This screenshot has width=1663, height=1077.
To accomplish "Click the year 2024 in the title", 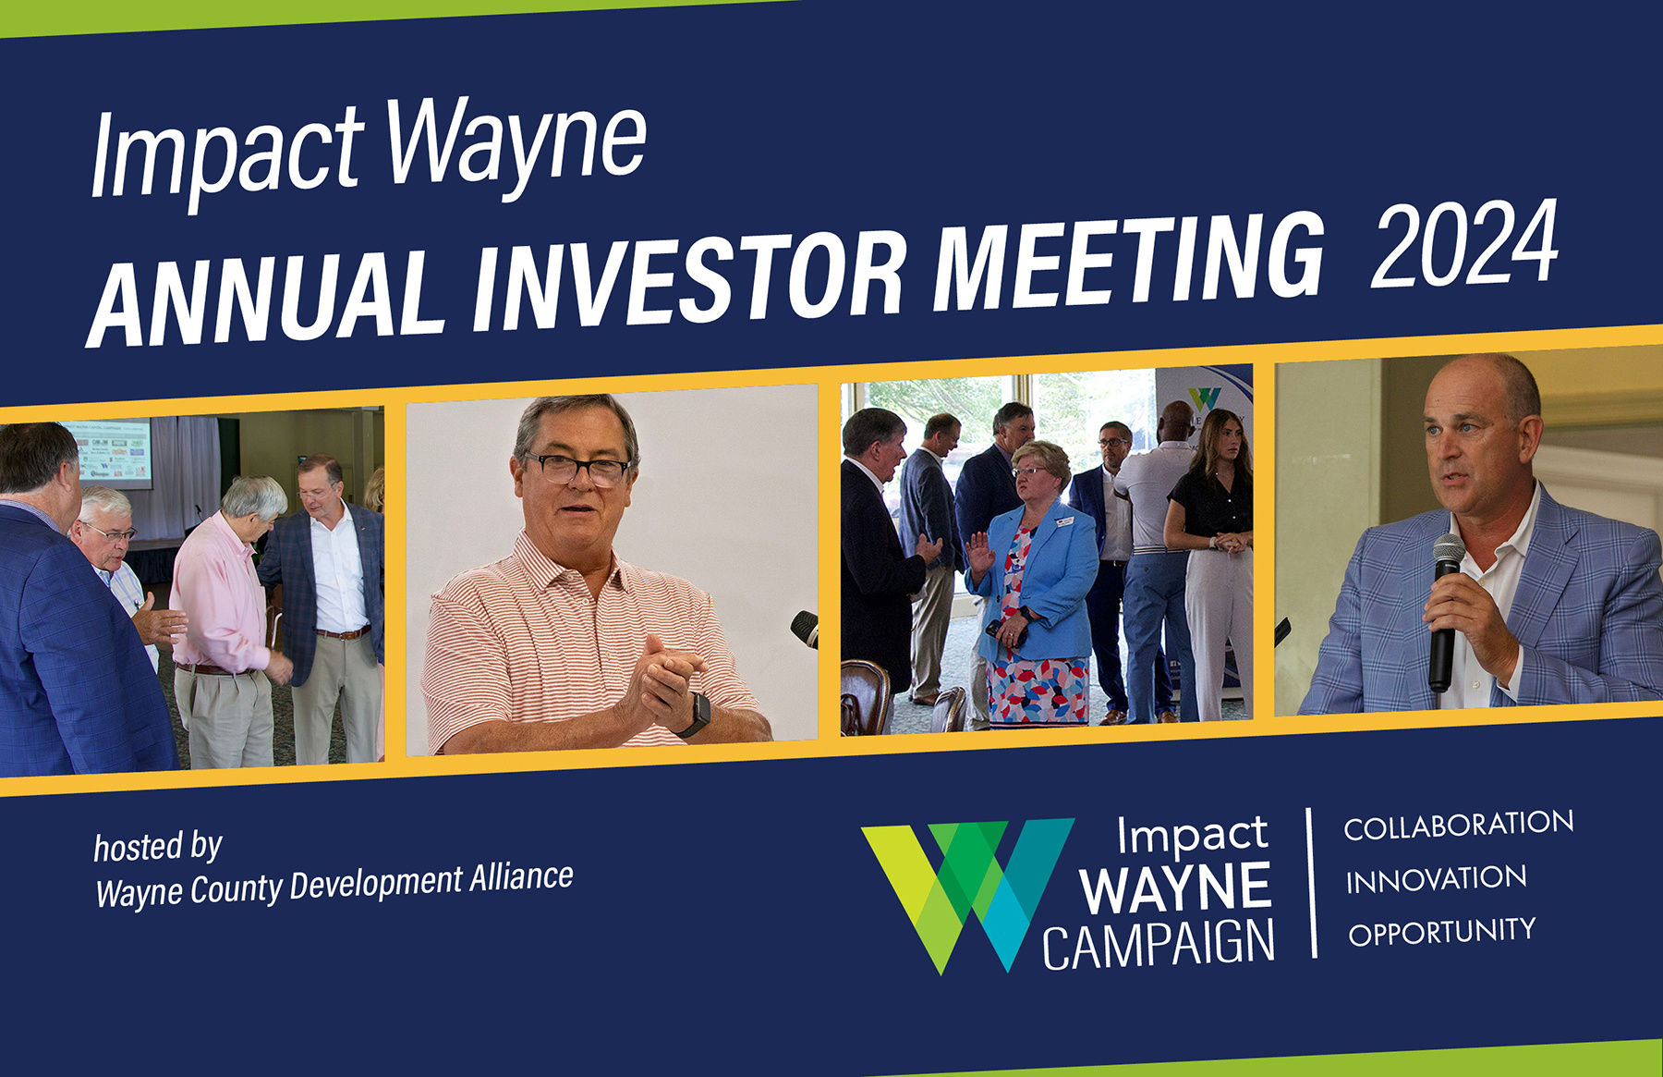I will [1464, 244].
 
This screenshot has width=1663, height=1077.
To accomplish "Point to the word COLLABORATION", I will [1458, 825].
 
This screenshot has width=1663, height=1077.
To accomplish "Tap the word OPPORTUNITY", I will [1441, 932].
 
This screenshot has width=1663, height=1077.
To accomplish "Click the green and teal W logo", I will [965, 892].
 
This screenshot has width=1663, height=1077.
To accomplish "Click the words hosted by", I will [158, 847].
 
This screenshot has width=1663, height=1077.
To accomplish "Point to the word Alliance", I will [521, 877].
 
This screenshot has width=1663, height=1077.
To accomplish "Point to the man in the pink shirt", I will [222, 619].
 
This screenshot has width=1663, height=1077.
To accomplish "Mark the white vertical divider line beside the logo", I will [1311, 883].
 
